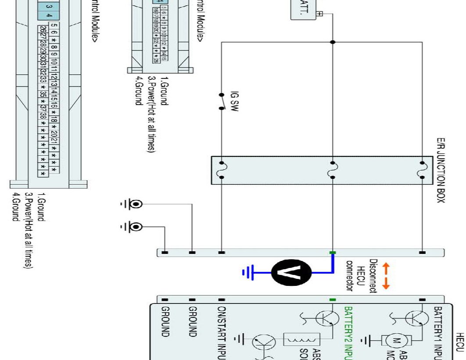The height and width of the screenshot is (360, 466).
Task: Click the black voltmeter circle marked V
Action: click(x=291, y=272)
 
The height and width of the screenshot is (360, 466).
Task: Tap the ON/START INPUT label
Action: click(x=222, y=333)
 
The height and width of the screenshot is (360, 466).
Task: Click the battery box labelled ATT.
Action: click(x=306, y=9)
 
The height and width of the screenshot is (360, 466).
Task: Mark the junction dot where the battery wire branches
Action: click(x=333, y=42)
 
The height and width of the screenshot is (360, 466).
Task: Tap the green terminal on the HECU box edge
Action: click(x=333, y=300)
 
